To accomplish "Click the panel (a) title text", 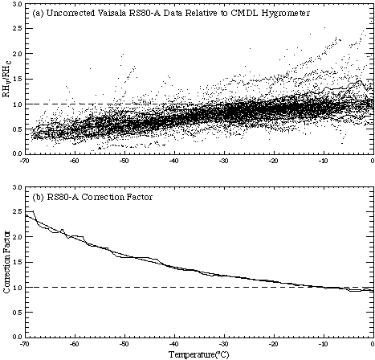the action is [x=171, y=14].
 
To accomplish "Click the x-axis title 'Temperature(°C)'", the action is [x=199, y=354].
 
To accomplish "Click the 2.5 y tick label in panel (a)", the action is [x=18, y=29].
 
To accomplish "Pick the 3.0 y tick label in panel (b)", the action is [x=18, y=187].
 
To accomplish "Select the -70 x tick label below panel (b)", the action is [x=25, y=344].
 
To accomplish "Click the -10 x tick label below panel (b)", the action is [x=324, y=344].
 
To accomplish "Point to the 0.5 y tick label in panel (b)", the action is [x=18, y=313].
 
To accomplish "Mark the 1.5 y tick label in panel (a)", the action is [x=18, y=79].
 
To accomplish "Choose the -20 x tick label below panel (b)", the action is [x=274, y=344].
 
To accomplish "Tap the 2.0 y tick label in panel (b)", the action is [x=18, y=237].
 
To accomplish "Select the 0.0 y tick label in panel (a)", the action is [x=18, y=154].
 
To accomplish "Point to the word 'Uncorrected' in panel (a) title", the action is [x=71, y=14].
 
